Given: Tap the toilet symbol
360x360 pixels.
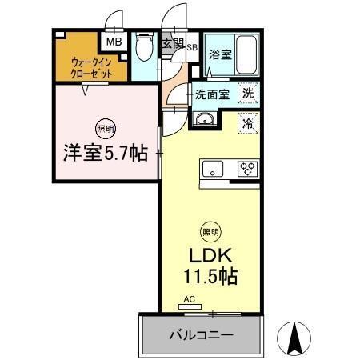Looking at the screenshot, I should [x=143, y=50].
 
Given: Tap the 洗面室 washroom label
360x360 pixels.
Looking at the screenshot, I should [x=214, y=94].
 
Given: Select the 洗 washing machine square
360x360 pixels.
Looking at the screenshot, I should [x=249, y=93].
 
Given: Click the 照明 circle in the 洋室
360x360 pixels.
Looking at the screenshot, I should [x=106, y=128].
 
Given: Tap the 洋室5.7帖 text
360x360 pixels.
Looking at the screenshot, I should [x=106, y=153].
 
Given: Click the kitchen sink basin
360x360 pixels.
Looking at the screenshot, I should [x=214, y=169].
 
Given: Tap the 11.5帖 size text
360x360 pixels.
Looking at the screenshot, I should [x=211, y=280].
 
